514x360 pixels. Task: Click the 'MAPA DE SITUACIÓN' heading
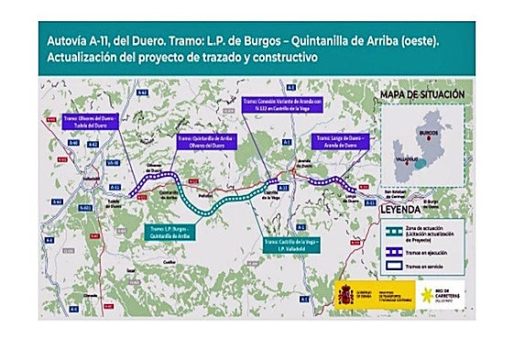pos(422,94)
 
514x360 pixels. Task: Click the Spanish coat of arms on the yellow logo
pos(345,295)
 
